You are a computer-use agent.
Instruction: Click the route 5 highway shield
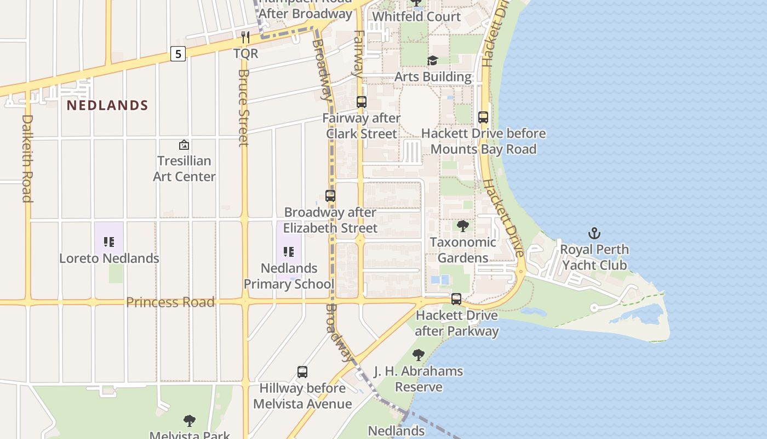(178, 54)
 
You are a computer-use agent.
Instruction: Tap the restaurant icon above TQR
(245, 37)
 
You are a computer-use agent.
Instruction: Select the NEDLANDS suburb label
(107, 105)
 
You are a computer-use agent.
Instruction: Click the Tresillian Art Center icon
(184, 145)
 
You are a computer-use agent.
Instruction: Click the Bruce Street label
(244, 108)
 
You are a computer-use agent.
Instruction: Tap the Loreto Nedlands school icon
(109, 242)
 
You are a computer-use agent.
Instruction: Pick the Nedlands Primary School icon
(289, 252)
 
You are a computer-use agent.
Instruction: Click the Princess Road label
(170, 302)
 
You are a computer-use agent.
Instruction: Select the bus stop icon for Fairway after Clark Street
(362, 102)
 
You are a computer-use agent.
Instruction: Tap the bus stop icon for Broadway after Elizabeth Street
(330, 196)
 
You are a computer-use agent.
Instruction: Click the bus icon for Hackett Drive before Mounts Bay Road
(483, 117)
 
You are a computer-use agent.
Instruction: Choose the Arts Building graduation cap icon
(433, 61)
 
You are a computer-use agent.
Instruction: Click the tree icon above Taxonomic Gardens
(463, 226)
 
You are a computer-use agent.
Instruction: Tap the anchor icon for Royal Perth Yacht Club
(594, 234)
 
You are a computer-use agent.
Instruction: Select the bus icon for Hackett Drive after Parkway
(456, 300)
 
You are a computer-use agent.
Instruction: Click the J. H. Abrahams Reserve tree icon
(419, 355)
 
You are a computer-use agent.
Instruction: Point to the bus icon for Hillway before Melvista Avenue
(302, 372)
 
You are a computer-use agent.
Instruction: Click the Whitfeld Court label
(416, 16)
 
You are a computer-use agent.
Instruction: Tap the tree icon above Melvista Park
(190, 421)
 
